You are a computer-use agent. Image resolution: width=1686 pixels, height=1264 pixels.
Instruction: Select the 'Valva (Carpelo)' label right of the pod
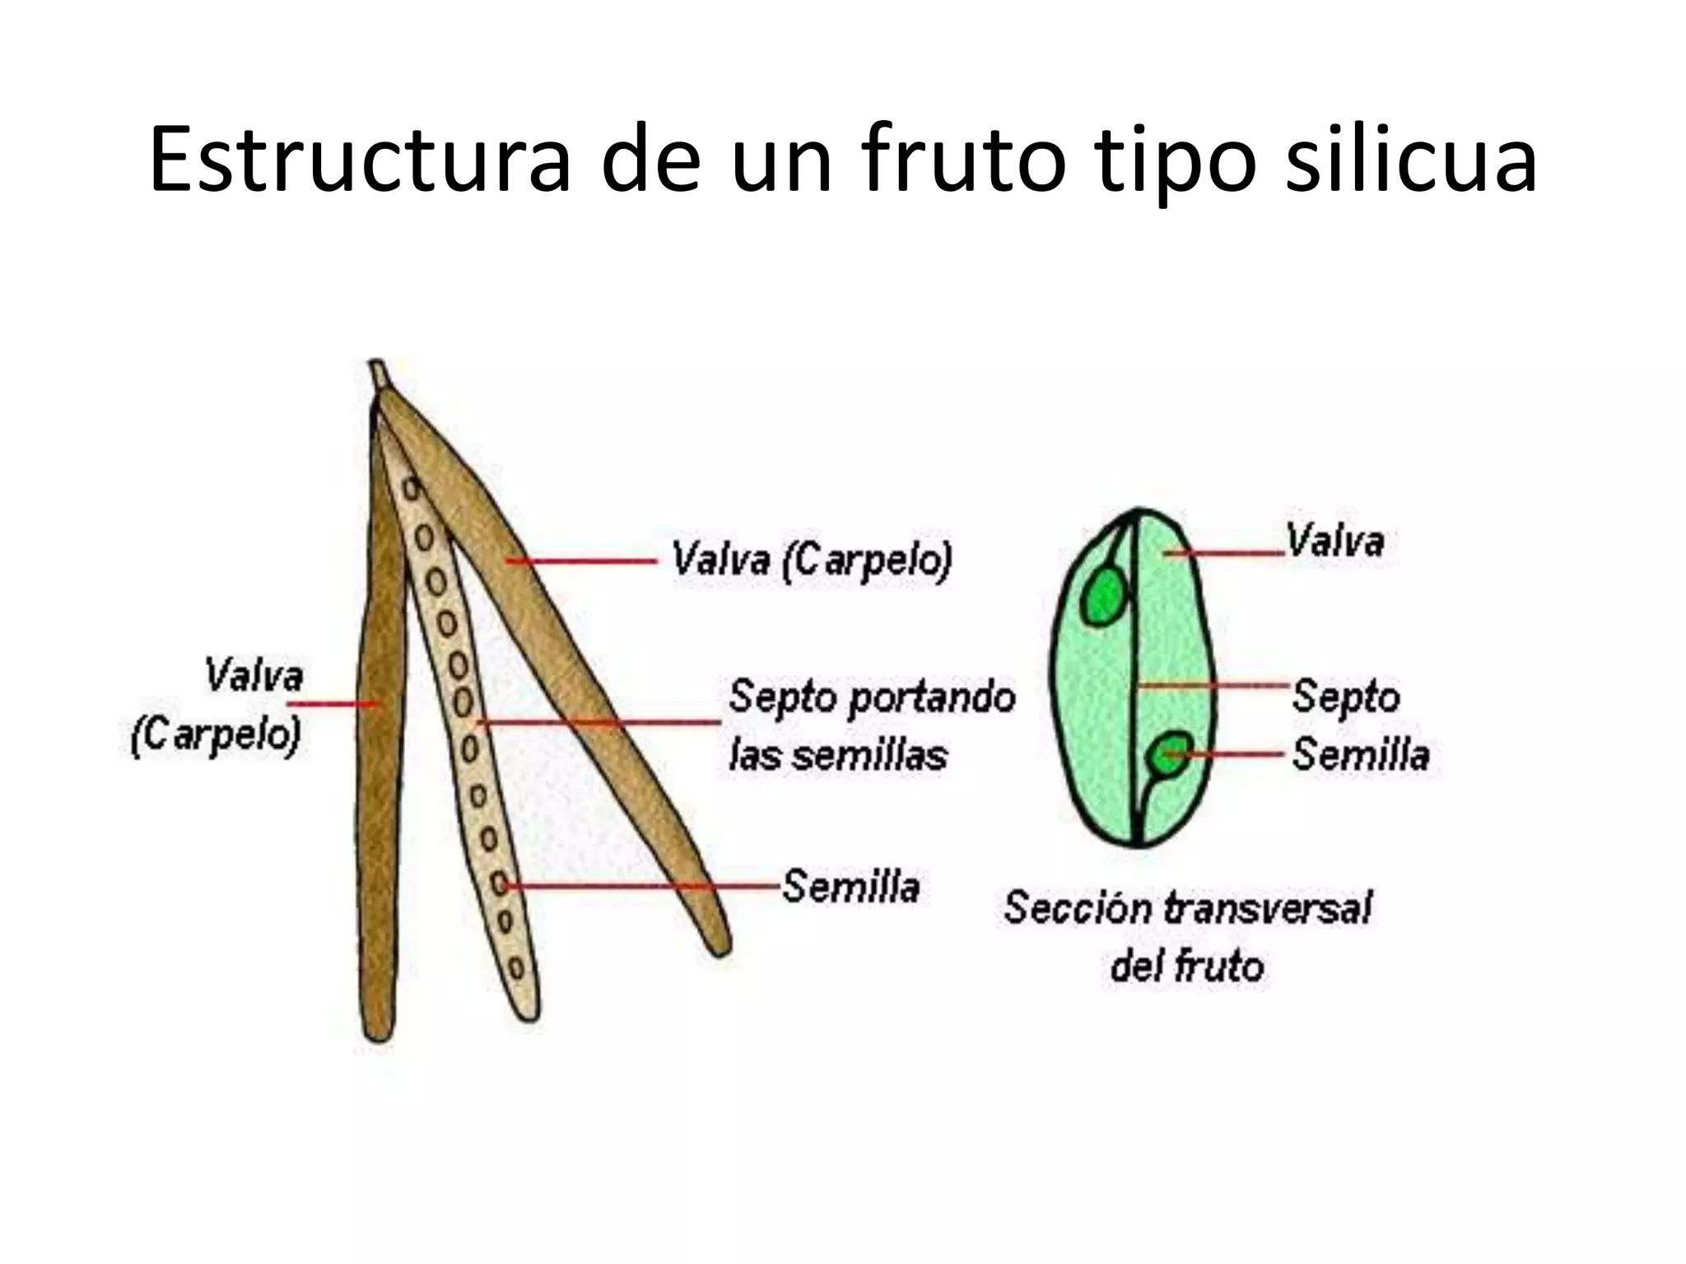[x=812, y=560]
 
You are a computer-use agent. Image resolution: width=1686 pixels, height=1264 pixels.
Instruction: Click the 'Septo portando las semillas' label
[x=871, y=725]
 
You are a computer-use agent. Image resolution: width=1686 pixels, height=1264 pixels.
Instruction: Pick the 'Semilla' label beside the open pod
[x=850, y=886]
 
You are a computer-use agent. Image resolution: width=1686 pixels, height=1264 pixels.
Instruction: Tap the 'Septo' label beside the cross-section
[x=1345, y=696]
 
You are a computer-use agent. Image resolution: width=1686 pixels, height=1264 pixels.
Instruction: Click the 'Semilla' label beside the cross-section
[x=1360, y=755]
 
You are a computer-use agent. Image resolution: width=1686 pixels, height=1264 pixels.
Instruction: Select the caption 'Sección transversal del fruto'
[x=1187, y=936]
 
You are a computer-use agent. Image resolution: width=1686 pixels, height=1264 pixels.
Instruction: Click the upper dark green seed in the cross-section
[x=1103, y=596]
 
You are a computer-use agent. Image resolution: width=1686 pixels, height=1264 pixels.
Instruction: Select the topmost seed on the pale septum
[x=409, y=489]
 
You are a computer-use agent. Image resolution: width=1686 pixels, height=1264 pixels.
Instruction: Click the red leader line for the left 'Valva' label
[x=333, y=704]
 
